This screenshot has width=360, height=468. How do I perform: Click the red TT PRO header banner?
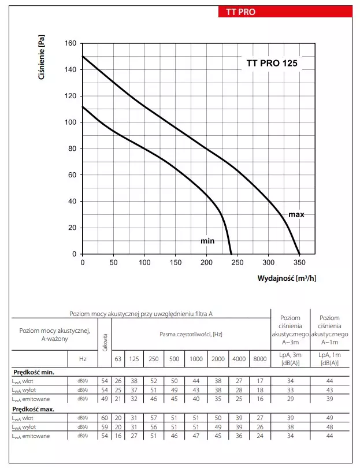click(284, 11)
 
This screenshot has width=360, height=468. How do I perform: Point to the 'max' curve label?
click(296, 214)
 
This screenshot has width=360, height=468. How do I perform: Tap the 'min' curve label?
click(207, 240)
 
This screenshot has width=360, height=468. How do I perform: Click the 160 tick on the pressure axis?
click(69, 43)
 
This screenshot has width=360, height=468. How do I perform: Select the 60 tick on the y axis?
click(72, 175)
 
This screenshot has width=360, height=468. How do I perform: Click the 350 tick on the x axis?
click(299, 262)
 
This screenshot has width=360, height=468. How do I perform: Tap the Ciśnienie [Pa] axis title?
click(41, 58)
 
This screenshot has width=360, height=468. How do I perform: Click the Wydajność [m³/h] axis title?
click(287, 278)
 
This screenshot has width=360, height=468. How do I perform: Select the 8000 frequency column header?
click(260, 359)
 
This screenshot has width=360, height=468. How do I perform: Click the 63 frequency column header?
click(118, 359)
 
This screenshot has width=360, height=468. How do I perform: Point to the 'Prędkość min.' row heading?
click(34, 372)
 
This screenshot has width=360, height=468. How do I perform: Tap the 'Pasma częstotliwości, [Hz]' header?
click(191, 335)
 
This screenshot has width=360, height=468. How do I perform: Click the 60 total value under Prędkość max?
click(105, 417)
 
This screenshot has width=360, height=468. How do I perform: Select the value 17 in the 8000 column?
click(260, 380)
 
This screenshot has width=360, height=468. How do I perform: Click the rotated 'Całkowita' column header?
click(105, 341)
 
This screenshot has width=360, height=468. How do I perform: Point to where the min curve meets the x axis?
click(231, 254)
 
